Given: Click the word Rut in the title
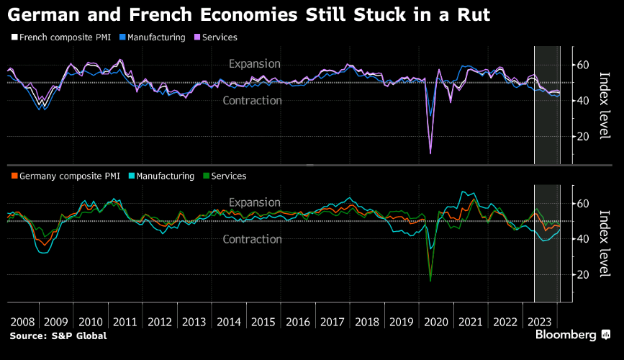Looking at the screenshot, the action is click(x=474, y=14).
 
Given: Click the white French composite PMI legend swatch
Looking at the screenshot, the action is click(x=14, y=37).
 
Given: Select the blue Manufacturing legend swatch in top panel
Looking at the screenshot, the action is click(x=122, y=37).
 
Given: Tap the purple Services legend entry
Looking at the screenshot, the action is click(x=215, y=37).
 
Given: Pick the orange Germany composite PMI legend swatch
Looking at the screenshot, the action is click(x=14, y=176).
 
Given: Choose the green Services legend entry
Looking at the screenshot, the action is click(x=225, y=176).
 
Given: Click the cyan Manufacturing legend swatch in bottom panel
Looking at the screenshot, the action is click(x=132, y=176).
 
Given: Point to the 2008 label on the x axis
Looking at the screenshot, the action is click(x=22, y=322).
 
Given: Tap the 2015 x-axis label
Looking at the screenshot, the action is click(x=263, y=322).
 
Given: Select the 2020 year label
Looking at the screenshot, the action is click(x=435, y=322).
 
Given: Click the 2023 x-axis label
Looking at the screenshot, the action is click(x=539, y=322).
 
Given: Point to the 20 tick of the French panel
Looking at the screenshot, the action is click(x=583, y=136).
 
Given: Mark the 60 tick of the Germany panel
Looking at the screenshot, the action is click(x=583, y=204).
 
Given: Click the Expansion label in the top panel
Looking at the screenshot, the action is click(x=255, y=63).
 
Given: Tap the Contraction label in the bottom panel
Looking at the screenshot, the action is click(x=253, y=239).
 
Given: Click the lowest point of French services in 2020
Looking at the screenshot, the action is click(x=430, y=153).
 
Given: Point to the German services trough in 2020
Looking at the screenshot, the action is click(x=430, y=281).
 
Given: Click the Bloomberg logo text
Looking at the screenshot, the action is click(x=566, y=335).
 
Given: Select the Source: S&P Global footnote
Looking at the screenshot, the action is click(x=58, y=336).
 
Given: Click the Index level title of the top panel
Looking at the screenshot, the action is click(x=605, y=105).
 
